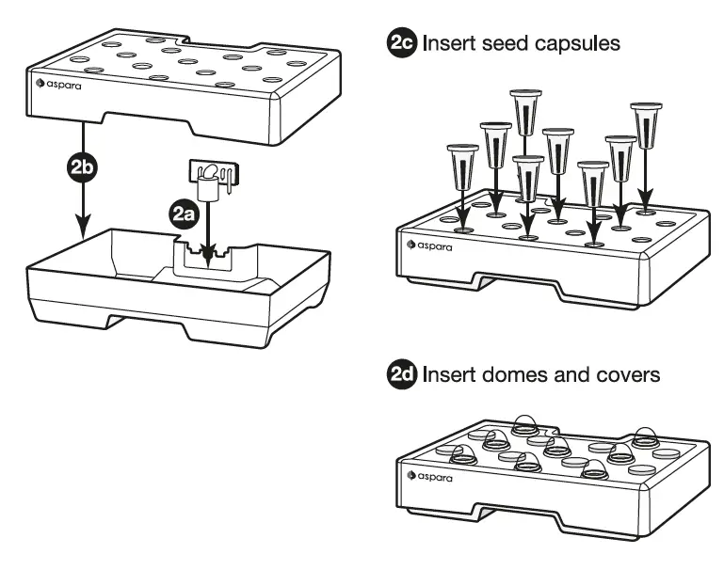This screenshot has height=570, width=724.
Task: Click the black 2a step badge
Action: pyautogui.click(x=184, y=214)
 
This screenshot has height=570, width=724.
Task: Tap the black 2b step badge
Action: pyautogui.click(x=83, y=166)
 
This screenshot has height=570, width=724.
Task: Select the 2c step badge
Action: pyautogui.click(x=401, y=43)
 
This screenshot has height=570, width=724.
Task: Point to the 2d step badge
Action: pyautogui.click(x=401, y=374)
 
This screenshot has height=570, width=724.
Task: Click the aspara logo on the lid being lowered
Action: pyautogui.click(x=58, y=85)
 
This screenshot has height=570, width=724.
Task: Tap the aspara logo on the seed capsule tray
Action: pyautogui.click(x=429, y=245)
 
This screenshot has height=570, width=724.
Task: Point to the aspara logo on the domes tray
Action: pyautogui.click(x=429, y=476)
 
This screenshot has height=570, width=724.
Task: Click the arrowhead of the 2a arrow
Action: pyautogui.click(x=208, y=257)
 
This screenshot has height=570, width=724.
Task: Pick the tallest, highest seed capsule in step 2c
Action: pyautogui.click(x=525, y=113)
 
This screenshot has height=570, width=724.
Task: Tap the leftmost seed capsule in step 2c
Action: pyautogui.click(x=462, y=167)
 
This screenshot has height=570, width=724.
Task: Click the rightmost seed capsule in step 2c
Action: pyautogui.click(x=647, y=125)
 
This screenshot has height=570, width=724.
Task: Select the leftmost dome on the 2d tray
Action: pyautogui.click(x=462, y=455)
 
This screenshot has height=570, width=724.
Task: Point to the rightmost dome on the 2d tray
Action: pyautogui.click(x=645, y=437)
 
